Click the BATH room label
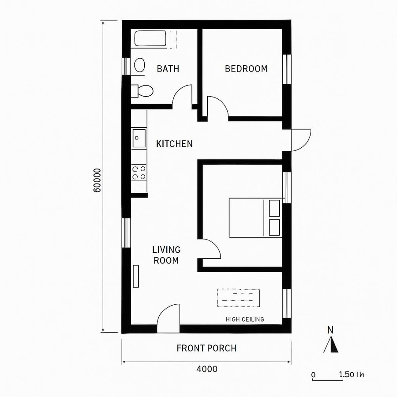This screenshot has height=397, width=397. coord(168,69)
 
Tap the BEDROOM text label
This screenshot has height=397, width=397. coord(246,69)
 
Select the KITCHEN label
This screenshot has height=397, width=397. coord(174,144)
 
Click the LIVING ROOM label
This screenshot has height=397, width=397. coord(166,255)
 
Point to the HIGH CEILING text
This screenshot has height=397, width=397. coord(245,319)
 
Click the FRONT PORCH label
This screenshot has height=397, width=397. coord(206,348)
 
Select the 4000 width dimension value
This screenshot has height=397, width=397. coord(206,369)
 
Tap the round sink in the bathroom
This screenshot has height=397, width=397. coord(140,65)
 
